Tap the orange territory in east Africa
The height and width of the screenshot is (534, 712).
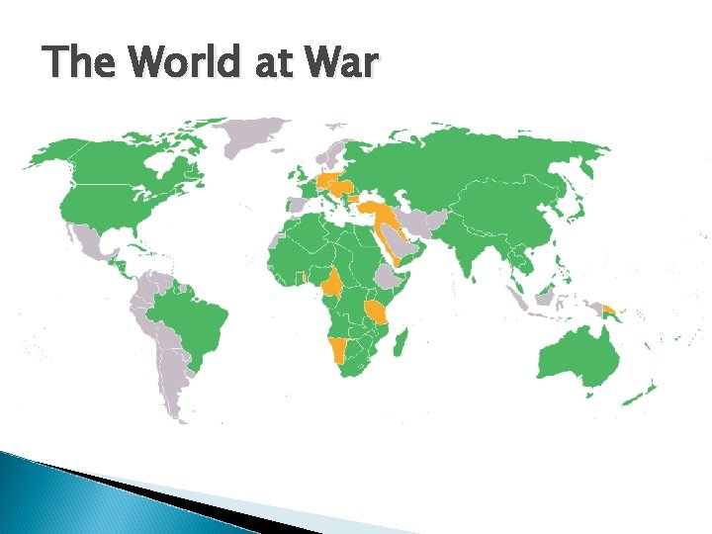(x=378, y=313)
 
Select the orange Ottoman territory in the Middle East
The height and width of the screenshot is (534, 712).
(x=381, y=213)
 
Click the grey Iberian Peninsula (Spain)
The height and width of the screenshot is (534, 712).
(x=296, y=204)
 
